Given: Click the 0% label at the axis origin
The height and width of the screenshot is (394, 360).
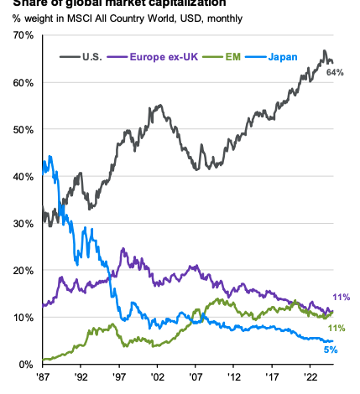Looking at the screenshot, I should click(x=23, y=365).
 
